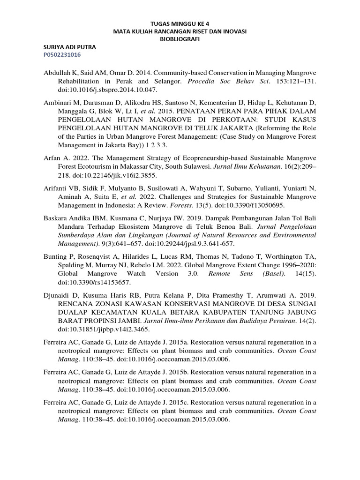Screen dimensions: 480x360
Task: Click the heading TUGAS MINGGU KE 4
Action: click(x=180, y=22)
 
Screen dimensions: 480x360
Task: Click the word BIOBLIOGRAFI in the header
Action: click(x=180, y=39)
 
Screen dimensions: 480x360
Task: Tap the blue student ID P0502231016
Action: click(x=62, y=55)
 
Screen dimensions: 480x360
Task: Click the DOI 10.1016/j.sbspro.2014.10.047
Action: click(x=107, y=90)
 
